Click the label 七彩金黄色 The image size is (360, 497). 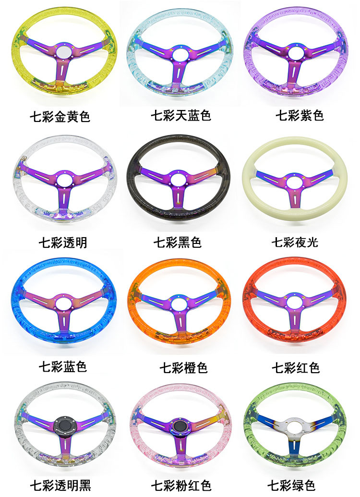60,117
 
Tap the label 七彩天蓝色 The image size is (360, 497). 180,116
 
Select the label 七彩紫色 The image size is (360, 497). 300,117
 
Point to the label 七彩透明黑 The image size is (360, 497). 60,485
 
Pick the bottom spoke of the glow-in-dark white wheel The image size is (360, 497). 293,196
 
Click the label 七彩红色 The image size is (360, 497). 295,368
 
